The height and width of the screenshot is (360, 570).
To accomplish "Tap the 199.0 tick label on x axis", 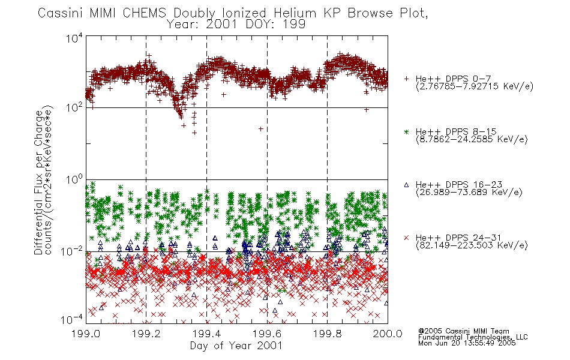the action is (x=86, y=334).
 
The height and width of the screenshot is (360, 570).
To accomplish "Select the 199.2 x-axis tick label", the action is (x=146, y=334).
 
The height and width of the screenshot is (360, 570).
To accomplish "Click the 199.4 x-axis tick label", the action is (x=207, y=334).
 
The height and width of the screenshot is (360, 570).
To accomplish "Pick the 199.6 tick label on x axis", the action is (x=267, y=334).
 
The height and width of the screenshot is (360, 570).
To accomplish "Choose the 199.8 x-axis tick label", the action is (x=328, y=334).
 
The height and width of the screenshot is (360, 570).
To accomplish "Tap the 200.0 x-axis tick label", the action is (x=388, y=334).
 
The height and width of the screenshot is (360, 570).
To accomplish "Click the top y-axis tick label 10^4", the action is (x=74, y=37).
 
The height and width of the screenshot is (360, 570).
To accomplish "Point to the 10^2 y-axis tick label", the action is (x=74, y=107).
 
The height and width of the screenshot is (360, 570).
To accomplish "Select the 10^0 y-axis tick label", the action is (x=74, y=179).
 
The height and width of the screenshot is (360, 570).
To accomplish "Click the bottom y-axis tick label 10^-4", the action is (x=72, y=320).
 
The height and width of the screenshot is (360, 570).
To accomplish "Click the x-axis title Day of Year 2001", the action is (x=236, y=346).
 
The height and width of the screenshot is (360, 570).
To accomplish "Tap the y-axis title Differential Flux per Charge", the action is (x=38, y=182).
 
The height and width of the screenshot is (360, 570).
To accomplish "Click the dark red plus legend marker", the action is (x=406, y=79).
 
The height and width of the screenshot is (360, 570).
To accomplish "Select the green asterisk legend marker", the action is (x=406, y=131).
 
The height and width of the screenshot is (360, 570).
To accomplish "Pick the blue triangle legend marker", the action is (x=406, y=185).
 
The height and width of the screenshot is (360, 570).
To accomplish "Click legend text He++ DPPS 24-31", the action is (x=458, y=238).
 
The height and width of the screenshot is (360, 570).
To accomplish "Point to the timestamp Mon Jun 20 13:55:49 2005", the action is (x=467, y=343).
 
